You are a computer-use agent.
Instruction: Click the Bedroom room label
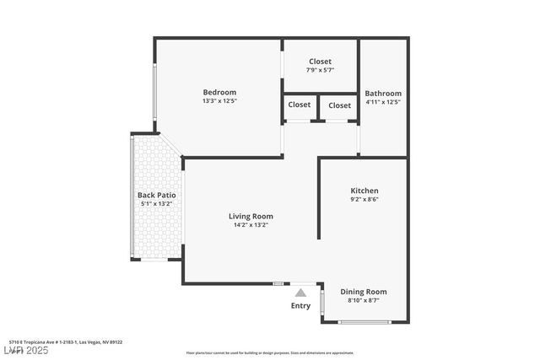pyautogui.click(x=219, y=92)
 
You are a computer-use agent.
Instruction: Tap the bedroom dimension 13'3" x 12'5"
pyautogui.click(x=219, y=101)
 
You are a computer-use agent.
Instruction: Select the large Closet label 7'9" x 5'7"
pyautogui.click(x=320, y=62)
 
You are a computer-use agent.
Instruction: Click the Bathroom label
pyautogui.click(x=383, y=94)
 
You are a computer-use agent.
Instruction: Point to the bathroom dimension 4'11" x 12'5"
pyautogui.click(x=383, y=102)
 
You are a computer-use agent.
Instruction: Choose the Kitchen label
pyautogui.click(x=364, y=191)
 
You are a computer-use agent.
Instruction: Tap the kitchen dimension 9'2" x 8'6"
pyautogui.click(x=364, y=200)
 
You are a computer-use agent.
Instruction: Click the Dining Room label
pyautogui.click(x=364, y=291)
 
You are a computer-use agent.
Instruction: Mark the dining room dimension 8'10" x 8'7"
pyautogui.click(x=364, y=300)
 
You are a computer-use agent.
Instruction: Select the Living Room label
pyautogui.click(x=251, y=216)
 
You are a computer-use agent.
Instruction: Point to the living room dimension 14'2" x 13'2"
pyautogui.click(x=251, y=225)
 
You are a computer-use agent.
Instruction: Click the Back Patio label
pyautogui.click(x=155, y=195)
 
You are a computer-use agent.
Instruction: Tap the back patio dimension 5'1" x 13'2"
pyautogui.click(x=155, y=203)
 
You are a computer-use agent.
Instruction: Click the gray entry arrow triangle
pyautogui.click(x=300, y=293)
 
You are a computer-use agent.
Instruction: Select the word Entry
pyautogui.click(x=300, y=305)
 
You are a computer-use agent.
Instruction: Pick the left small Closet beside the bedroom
pyautogui.click(x=299, y=105)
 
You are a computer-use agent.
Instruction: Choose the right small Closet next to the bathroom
pyautogui.click(x=340, y=105)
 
